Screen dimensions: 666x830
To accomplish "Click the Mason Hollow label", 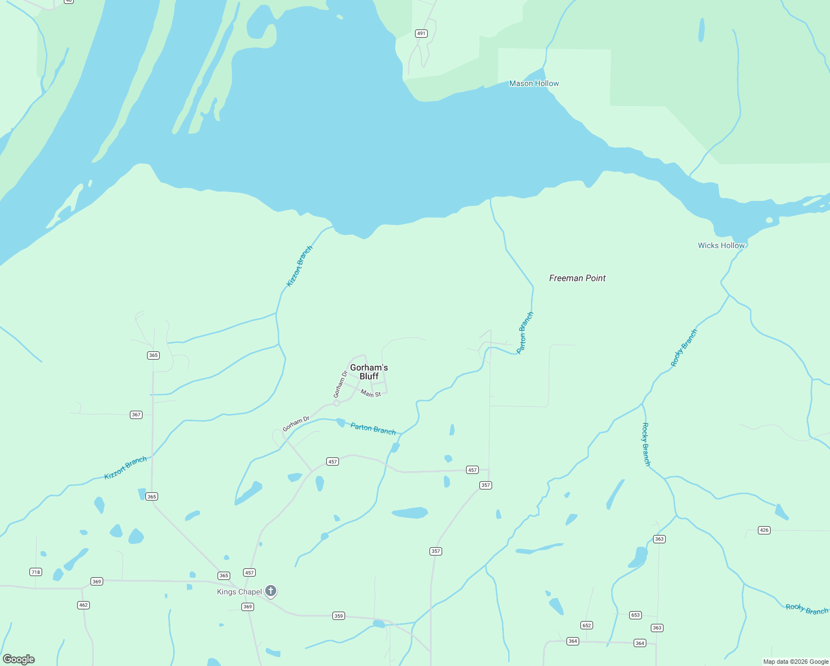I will click(x=534, y=84).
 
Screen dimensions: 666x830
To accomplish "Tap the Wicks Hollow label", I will click(x=721, y=245).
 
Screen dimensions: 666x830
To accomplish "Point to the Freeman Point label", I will click(x=577, y=278).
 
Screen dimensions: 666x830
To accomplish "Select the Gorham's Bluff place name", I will click(x=369, y=372).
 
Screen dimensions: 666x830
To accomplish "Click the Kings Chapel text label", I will click(x=239, y=592).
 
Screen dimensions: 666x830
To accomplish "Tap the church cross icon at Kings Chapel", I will click(x=271, y=591).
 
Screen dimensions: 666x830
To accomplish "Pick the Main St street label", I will click(x=371, y=393).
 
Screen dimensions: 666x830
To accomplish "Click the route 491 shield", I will click(x=421, y=34).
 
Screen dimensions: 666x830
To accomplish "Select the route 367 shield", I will click(x=136, y=415).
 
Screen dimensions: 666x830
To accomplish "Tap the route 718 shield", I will click(x=36, y=572).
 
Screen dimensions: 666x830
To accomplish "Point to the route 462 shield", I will click(x=83, y=605).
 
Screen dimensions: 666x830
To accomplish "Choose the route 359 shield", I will click(x=338, y=615).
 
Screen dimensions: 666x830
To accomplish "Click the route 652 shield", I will click(x=586, y=625).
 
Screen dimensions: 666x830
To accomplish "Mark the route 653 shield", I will click(x=635, y=615).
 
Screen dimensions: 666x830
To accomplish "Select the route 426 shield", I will click(x=764, y=530).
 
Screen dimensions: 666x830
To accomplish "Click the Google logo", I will click(x=19, y=659).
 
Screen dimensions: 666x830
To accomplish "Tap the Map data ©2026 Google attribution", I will click(x=796, y=662).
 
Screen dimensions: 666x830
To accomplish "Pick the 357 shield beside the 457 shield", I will click(x=485, y=485).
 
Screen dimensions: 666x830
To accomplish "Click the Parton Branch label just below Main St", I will click(x=373, y=429).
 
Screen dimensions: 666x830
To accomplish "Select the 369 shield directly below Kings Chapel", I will click(x=247, y=607).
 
